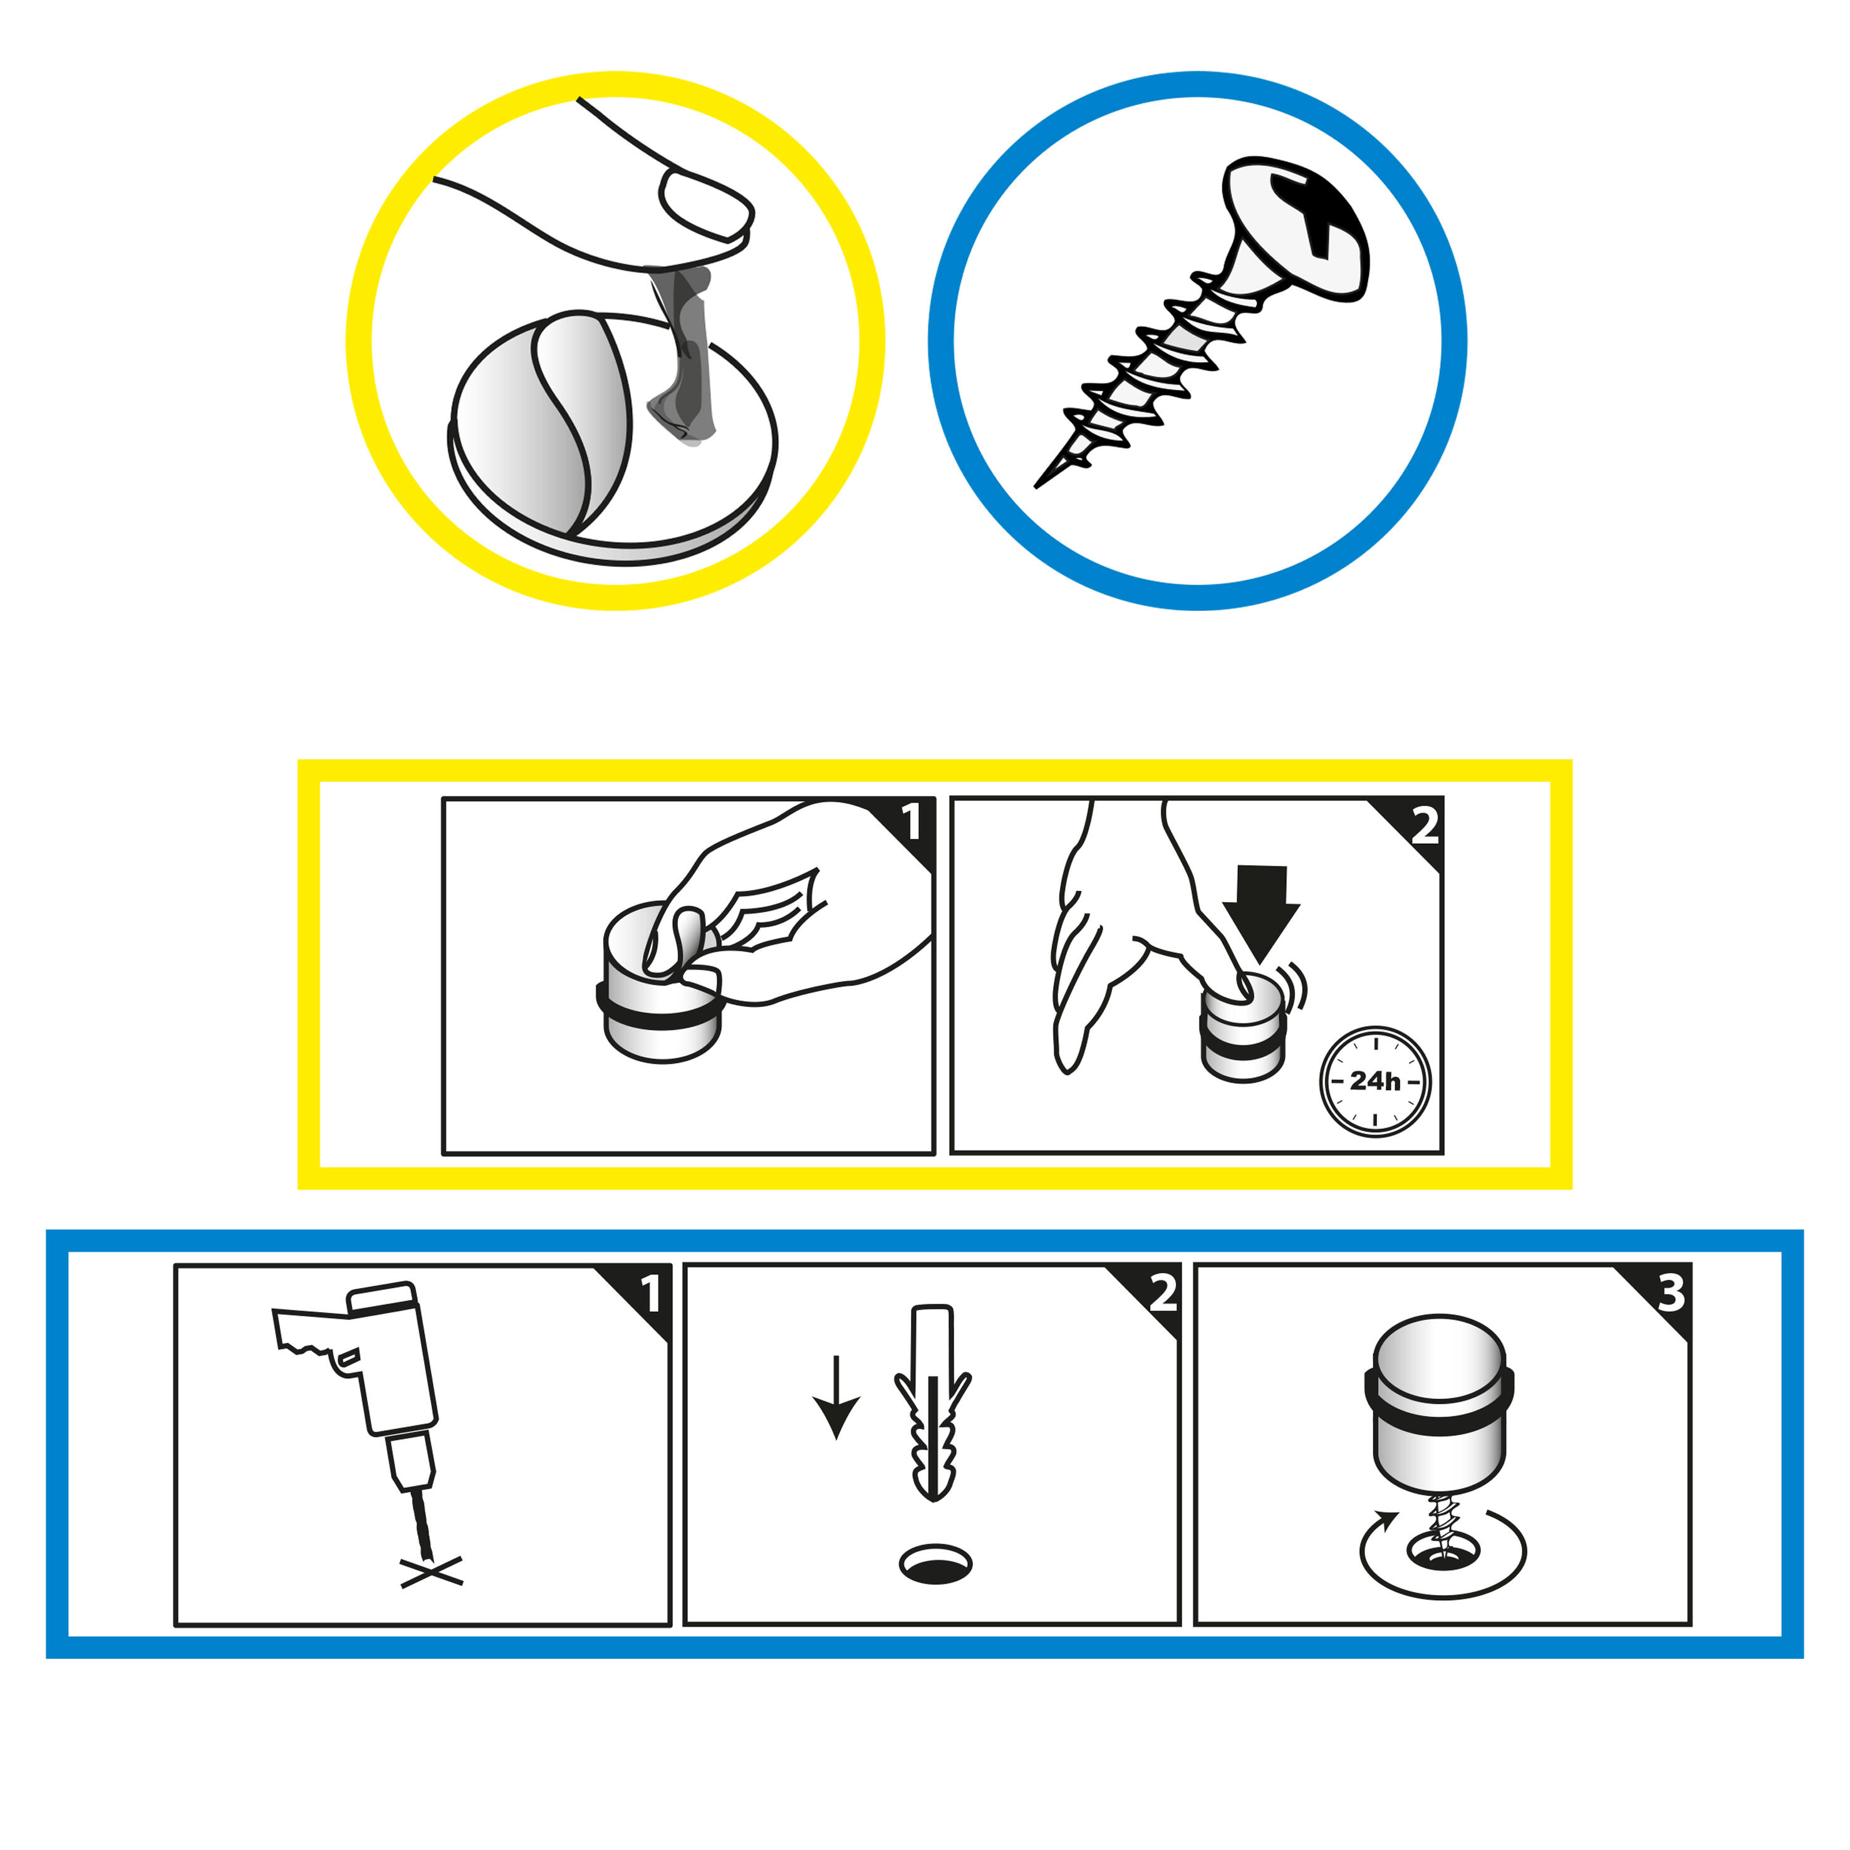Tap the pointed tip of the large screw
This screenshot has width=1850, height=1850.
(x=1037, y=486)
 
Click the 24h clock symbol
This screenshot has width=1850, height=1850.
(x=1375, y=1081)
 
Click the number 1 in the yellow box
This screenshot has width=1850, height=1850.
(x=912, y=821)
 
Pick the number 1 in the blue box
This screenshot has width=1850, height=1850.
(x=651, y=1294)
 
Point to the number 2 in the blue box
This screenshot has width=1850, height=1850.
(x=1163, y=1294)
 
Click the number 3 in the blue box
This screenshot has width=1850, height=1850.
(x=1671, y=1294)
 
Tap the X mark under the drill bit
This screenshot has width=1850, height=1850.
(x=432, y=1572)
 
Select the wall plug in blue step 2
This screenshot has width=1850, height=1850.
(x=933, y=1402)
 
